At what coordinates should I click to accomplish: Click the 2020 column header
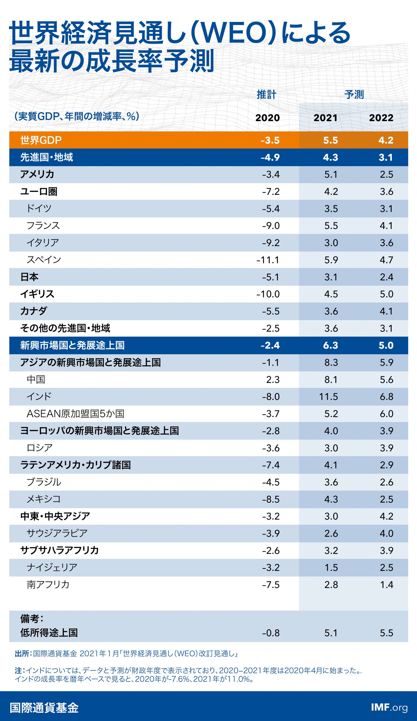click(267, 118)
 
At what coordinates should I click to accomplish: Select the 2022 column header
click(381, 118)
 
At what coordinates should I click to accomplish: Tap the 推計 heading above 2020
click(266, 94)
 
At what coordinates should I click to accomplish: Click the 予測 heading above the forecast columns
click(354, 94)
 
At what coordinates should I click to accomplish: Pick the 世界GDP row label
click(41, 140)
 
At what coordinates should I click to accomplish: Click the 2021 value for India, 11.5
click(328, 397)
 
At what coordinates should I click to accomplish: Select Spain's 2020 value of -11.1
click(268, 260)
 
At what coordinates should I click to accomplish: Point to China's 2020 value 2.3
click(273, 380)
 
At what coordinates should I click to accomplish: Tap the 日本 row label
click(29, 277)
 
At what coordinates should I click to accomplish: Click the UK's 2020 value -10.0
click(268, 294)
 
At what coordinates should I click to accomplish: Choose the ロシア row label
click(39, 448)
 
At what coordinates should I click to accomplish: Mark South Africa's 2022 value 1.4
click(386, 585)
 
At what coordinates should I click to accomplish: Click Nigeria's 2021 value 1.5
click(331, 568)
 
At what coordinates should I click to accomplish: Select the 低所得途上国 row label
click(49, 633)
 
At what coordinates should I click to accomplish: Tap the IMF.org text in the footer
click(389, 707)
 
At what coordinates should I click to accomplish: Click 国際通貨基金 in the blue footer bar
click(44, 708)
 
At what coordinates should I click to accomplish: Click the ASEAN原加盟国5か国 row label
click(75, 413)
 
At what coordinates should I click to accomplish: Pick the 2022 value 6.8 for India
click(386, 397)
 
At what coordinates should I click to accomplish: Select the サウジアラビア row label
click(57, 533)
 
